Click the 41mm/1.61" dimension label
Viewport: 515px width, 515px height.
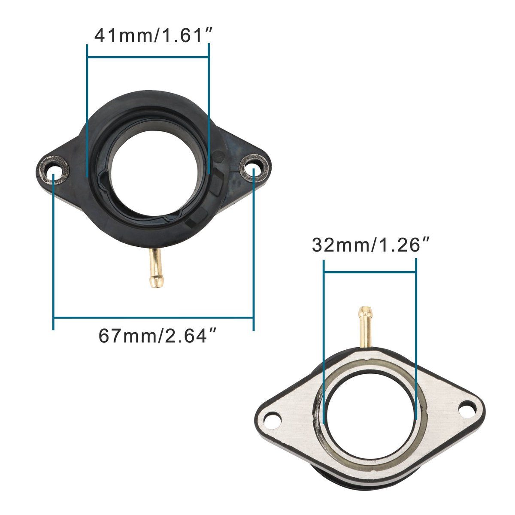click(154, 36)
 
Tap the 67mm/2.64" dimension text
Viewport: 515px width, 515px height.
click(157, 336)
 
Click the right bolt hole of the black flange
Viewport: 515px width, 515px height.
click(254, 169)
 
